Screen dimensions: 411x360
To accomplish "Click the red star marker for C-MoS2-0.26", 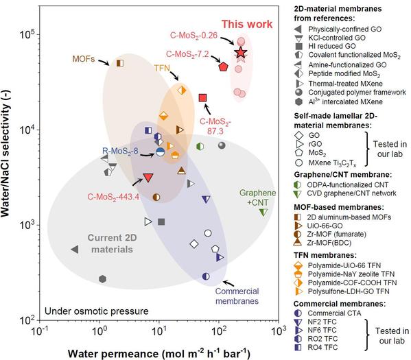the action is [241, 53].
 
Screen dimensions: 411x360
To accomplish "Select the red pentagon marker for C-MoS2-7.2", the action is [223, 67].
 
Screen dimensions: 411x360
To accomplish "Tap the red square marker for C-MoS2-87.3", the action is [202, 98].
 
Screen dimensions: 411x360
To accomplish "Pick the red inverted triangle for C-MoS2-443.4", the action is [148, 178].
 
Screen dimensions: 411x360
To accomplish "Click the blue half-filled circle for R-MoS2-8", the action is [160, 152].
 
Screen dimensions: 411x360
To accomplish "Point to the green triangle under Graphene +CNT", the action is [263, 212].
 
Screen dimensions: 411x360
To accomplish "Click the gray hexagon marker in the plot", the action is [103, 279].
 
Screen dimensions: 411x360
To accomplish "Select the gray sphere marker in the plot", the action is [222, 145].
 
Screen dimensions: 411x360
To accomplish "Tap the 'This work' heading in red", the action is [247, 24].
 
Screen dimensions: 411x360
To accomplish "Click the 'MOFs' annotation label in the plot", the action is [84, 59].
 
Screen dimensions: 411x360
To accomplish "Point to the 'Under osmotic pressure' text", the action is [97, 311].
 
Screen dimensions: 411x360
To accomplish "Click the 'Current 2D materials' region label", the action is [113, 243].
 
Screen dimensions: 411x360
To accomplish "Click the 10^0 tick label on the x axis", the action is [99, 331].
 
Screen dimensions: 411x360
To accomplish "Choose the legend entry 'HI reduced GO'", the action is [332, 46].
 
